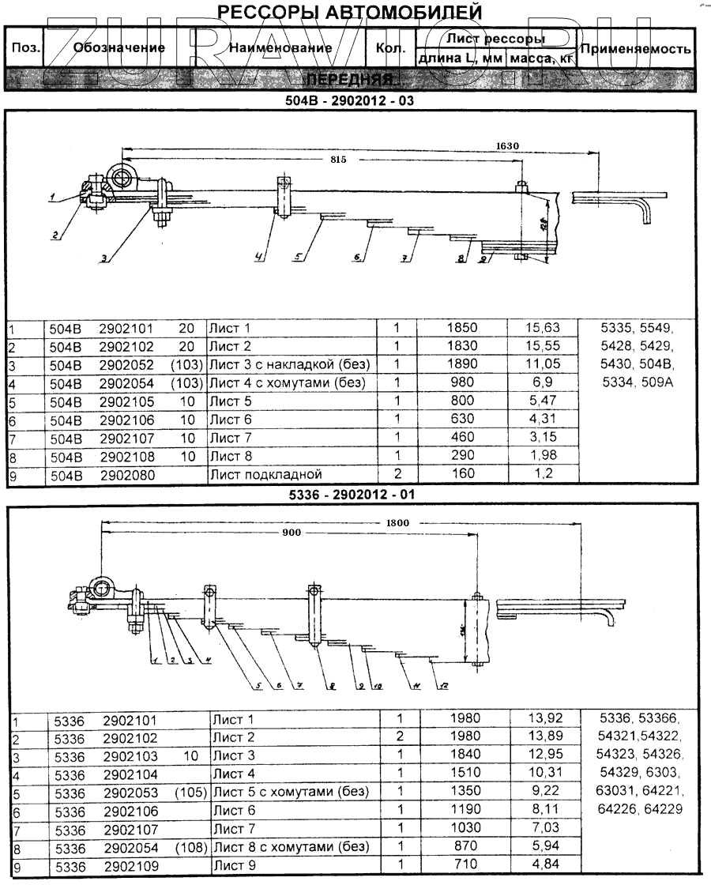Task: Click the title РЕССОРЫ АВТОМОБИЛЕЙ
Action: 349,13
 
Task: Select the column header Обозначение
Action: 118,47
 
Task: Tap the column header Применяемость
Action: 636,48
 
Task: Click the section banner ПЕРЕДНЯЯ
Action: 349,80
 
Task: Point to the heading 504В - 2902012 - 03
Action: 349,101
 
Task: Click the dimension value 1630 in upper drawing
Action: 508,145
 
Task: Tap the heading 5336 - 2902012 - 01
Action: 349,494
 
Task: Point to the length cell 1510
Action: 465,774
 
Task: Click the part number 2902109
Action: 131,865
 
